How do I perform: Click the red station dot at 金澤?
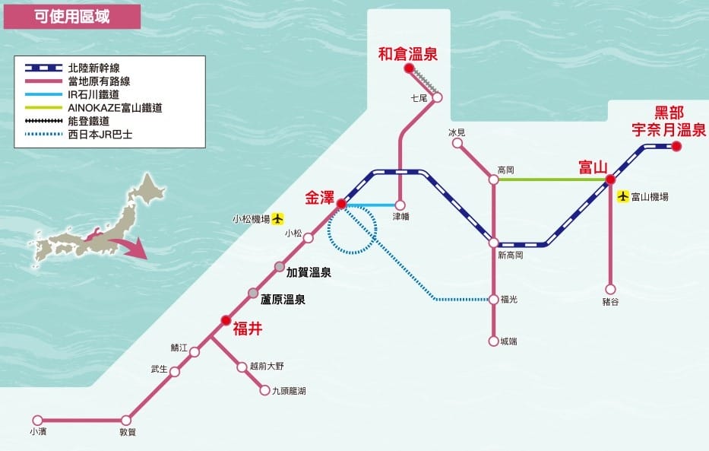coord(341,204)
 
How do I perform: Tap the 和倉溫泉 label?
coord(408,53)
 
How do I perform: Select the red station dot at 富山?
coord(609,180)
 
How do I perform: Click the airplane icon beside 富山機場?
coord(624,196)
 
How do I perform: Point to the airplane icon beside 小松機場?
coord(277,219)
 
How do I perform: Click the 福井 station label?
coord(248,329)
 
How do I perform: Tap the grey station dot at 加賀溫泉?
coord(280,267)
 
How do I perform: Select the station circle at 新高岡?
coord(494,243)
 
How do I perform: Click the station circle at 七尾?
coord(437,97)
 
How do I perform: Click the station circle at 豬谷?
coord(609,289)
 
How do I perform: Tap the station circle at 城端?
coord(494,341)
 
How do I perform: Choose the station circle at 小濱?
coord(38,420)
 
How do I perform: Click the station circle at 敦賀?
coord(126,420)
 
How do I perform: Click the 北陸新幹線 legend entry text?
coord(93,68)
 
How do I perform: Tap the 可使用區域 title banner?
coord(72,17)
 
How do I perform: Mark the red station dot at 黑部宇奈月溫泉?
coord(676,146)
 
